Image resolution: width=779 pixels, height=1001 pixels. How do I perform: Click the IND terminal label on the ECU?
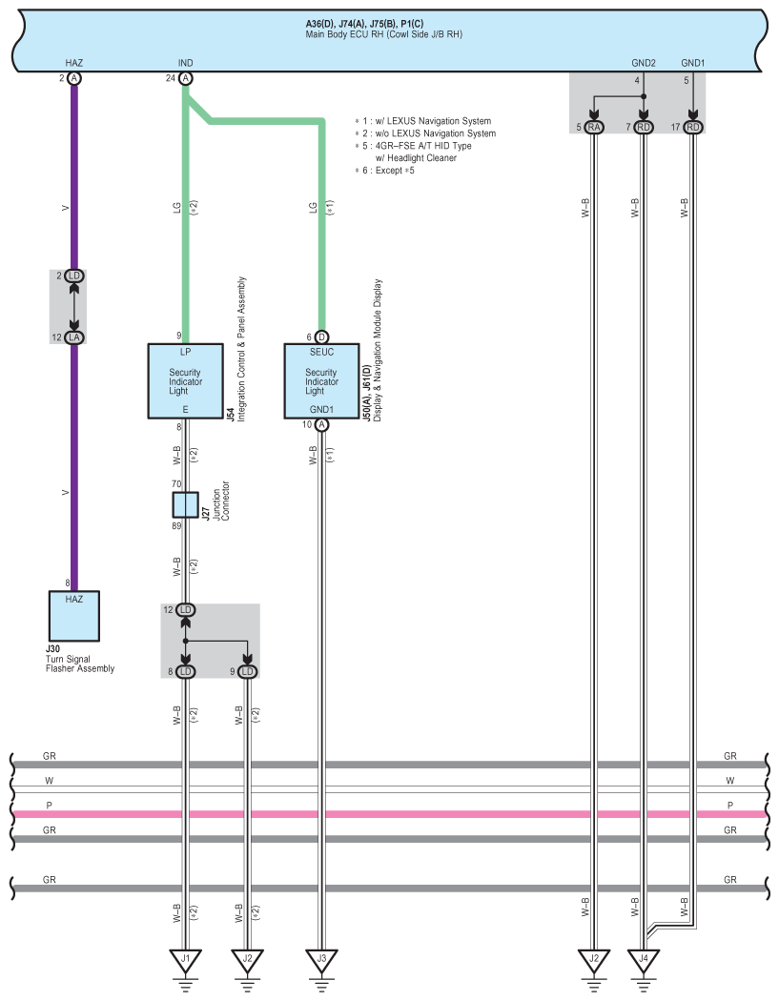click(185, 63)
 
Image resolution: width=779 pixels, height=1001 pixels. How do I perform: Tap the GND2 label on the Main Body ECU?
click(643, 63)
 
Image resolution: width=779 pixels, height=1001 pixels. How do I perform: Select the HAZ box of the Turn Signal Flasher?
click(74, 616)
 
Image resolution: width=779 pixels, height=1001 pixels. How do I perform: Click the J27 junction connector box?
click(185, 505)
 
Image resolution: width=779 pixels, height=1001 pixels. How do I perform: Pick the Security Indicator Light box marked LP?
click(185, 381)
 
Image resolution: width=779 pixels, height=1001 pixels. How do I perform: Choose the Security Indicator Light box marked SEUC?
click(322, 381)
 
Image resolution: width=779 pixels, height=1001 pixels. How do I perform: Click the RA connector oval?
click(594, 127)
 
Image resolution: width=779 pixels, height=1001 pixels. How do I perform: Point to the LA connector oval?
click(74, 337)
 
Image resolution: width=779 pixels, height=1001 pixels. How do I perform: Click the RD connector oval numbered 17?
click(693, 127)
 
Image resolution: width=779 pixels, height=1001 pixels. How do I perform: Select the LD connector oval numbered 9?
click(247, 671)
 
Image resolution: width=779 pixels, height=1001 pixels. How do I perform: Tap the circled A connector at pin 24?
click(185, 78)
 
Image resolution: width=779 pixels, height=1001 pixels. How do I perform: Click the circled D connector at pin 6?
click(322, 337)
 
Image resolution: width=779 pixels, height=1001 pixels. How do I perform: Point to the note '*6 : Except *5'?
click(385, 171)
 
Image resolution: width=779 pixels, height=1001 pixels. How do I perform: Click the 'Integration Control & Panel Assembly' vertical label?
click(241, 349)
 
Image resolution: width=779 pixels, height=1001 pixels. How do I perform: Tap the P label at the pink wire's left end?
click(50, 806)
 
